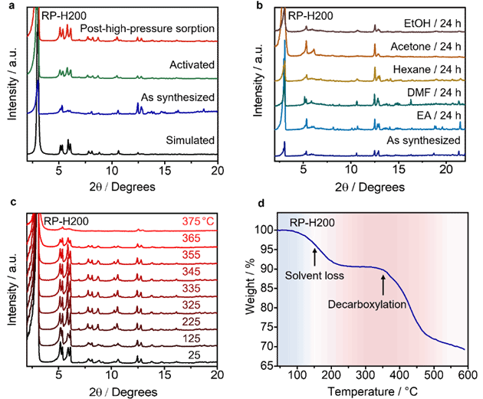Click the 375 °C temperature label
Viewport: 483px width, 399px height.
click(195, 222)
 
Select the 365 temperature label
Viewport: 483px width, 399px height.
click(192, 238)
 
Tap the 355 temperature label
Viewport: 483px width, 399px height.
click(192, 254)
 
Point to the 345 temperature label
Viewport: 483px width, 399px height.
click(192, 271)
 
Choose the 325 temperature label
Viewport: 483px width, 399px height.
click(192, 304)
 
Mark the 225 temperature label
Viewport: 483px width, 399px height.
click(192, 321)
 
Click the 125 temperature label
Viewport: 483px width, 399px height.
click(192, 338)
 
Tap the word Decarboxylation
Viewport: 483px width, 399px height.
click(365, 305)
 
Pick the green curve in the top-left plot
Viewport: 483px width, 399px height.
click(153, 77)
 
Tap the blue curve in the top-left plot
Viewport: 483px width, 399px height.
click(153, 113)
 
